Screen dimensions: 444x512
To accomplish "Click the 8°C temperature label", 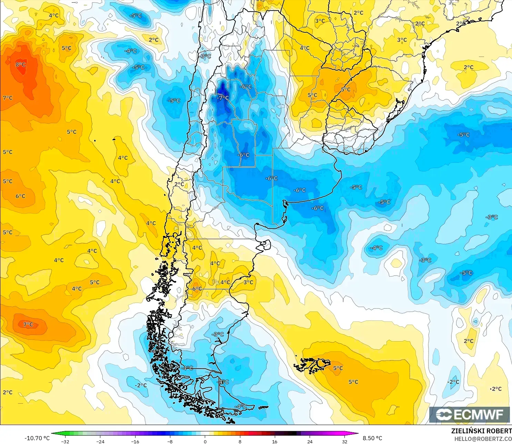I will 20,65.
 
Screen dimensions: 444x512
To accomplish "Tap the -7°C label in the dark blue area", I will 223,98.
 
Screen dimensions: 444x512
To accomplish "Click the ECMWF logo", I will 469,414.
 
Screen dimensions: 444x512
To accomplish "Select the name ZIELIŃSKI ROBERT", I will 481,431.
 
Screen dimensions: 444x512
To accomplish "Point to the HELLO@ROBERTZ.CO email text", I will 483,439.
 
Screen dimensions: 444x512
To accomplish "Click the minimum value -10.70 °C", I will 37,438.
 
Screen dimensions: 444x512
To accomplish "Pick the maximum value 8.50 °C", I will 372,438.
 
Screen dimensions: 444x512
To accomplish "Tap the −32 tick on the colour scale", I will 65,441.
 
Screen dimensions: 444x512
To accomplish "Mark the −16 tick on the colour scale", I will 135,441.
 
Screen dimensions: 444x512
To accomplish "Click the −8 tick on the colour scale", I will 170,441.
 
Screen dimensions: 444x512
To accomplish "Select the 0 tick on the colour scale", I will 205,441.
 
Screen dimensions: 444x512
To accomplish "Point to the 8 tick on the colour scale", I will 240,441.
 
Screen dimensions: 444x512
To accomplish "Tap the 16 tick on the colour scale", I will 275,441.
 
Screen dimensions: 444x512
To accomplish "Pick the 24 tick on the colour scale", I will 310,441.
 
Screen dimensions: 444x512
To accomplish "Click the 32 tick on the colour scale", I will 345,441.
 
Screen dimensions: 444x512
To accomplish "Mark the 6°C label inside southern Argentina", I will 197,289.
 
